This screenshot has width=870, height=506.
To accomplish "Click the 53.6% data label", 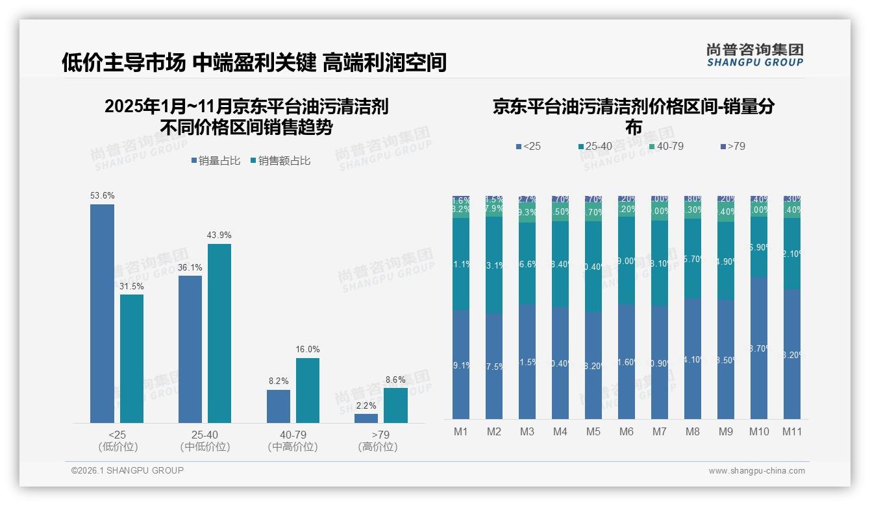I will coord(102,195).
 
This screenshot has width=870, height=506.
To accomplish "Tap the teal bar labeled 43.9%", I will coord(219,333).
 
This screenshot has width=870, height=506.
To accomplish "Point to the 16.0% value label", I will coord(308,349).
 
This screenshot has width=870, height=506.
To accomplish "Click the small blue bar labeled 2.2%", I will coord(366,418).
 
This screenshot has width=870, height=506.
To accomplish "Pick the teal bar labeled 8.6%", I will coord(395,405).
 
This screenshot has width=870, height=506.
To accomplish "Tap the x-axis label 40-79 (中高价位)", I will coord(293,440).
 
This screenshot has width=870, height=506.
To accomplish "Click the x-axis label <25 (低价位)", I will coord(118,440).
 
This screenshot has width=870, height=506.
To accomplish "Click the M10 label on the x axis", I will coord(759,431).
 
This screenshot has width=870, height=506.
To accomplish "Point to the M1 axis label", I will coord(461,431).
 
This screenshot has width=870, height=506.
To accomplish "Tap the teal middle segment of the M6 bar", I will coord(627,260).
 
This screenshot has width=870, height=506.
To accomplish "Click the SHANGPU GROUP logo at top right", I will coord(754,55).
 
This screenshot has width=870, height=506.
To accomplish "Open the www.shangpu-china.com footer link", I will coord(756,471).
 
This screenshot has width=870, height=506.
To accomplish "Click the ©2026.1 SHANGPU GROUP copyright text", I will coord(127,470).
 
